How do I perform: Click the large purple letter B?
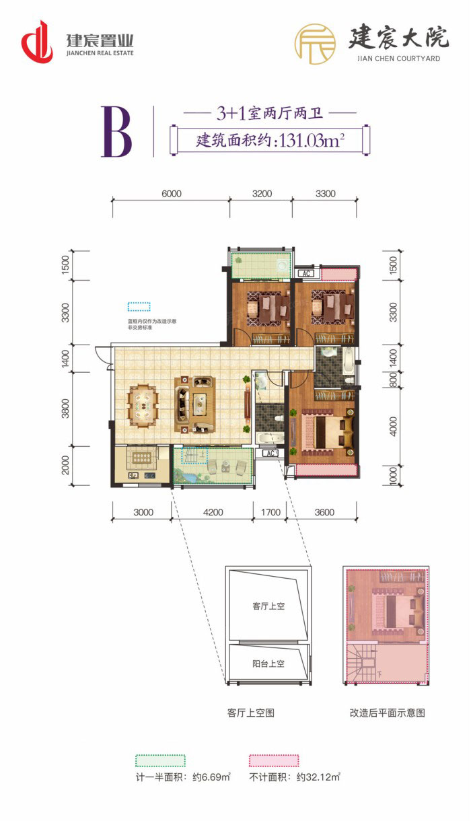pyautogui.click(x=116, y=132)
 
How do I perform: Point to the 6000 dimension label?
pyautogui.click(x=171, y=194)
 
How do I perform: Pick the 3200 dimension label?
pyautogui.click(x=261, y=194)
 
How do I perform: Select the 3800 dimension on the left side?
pyautogui.click(x=65, y=408)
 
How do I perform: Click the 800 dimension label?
pyautogui.click(x=394, y=380)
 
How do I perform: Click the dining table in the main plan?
pyautogui.click(x=143, y=405)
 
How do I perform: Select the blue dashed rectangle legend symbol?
pyautogui.click(x=139, y=307)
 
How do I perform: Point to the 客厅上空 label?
pyautogui.click(x=268, y=606)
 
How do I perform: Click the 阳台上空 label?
pyautogui.click(x=268, y=664)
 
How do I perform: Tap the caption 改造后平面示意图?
pyautogui.click(x=386, y=713)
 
